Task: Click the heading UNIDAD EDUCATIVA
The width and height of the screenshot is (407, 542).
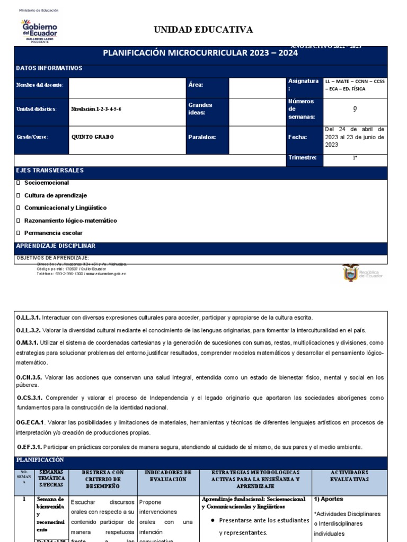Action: [203, 30]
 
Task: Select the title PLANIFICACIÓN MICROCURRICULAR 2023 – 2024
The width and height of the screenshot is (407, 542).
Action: [200, 53]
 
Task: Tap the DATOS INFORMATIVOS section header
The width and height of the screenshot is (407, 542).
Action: [49, 68]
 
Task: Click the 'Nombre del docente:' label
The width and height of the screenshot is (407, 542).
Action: [40, 85]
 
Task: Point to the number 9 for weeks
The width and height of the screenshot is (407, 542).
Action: [355, 109]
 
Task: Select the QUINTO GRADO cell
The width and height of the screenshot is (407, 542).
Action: [93, 137]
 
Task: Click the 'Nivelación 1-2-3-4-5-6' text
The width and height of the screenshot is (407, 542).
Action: [100, 109]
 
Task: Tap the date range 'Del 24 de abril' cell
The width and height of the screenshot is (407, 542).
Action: [355, 137]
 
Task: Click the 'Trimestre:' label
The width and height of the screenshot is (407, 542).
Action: [302, 158]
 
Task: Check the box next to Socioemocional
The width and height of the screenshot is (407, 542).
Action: [19, 183]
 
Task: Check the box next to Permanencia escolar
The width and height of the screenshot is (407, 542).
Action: [19, 233]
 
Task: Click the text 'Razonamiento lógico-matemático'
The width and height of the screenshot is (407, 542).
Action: [70, 220]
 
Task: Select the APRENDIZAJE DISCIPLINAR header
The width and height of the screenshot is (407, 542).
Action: [56, 246]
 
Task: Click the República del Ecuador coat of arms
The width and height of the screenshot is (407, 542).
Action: [351, 273]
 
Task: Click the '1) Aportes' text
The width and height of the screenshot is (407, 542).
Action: [329, 499]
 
